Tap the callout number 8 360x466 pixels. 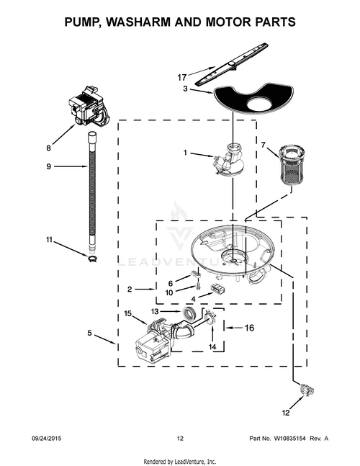click(49, 148)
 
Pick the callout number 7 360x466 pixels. click(264, 145)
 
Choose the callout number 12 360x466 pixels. click(285, 413)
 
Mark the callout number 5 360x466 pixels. click(90, 333)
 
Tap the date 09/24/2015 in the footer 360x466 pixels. click(48, 438)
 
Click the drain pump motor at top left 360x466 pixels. click(89, 108)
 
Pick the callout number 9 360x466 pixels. click(49, 167)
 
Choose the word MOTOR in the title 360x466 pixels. click(229, 22)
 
